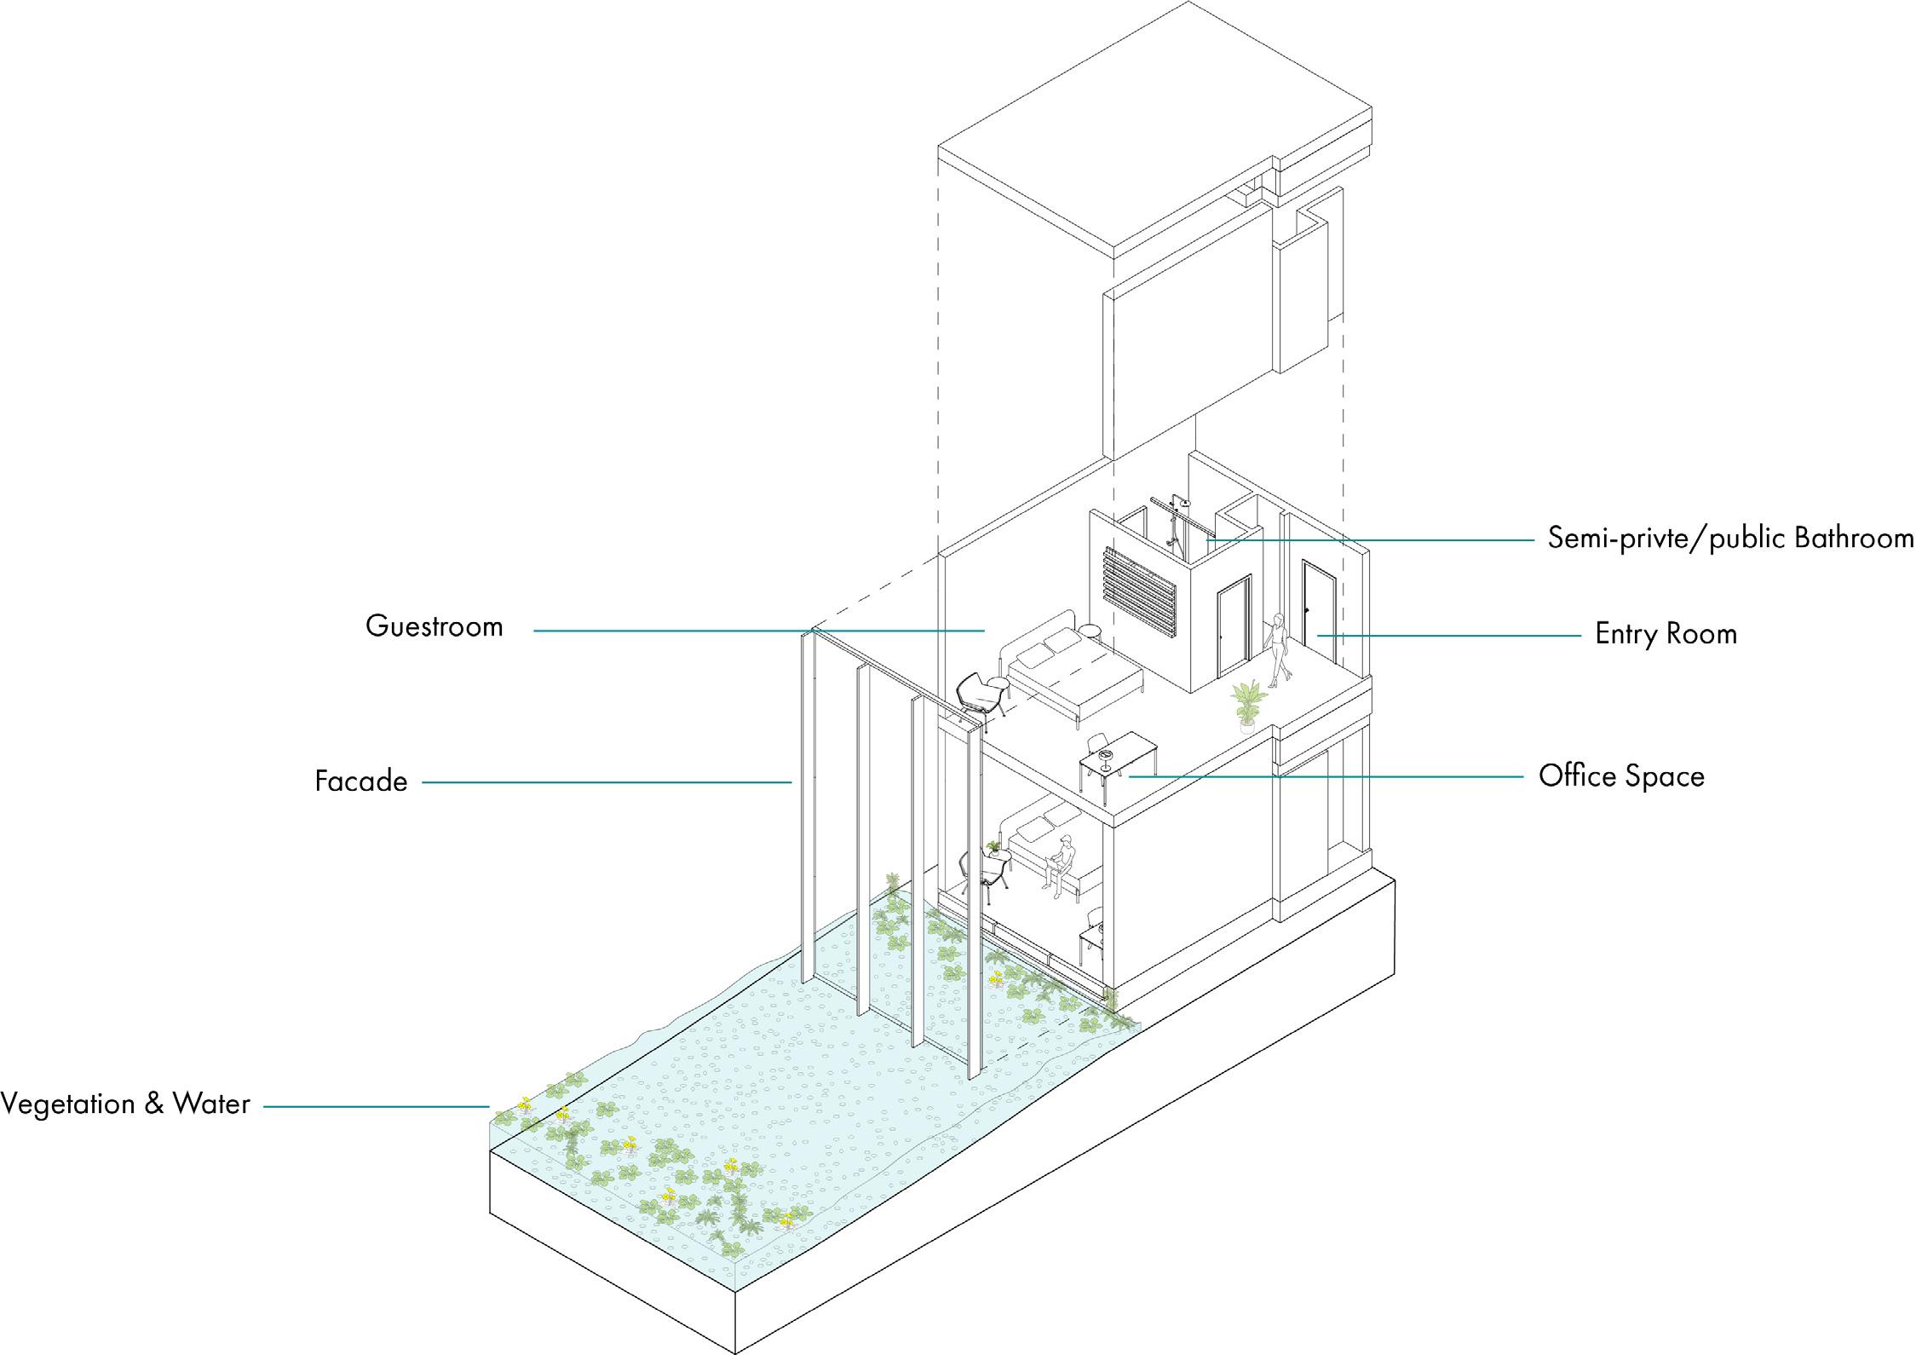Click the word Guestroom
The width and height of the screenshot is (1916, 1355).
[x=434, y=627]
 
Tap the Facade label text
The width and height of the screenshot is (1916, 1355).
[x=361, y=781]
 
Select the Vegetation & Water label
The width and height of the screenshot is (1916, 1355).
[x=125, y=1104]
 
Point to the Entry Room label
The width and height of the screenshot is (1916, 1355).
[x=1666, y=634]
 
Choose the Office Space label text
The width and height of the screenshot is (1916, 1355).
[x=1621, y=776]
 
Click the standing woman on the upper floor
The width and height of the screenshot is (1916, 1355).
[x=1278, y=649]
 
